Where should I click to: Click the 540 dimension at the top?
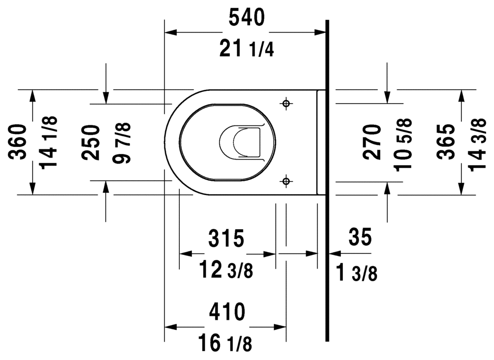tap(246, 18)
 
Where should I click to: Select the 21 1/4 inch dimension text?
tap(247, 49)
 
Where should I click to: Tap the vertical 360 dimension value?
tap(17, 142)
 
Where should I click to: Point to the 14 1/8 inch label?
tap(49, 142)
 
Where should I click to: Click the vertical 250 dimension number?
tap(91, 142)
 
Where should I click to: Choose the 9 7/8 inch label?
tap(122, 143)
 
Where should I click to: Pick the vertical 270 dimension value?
tap(372, 141)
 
